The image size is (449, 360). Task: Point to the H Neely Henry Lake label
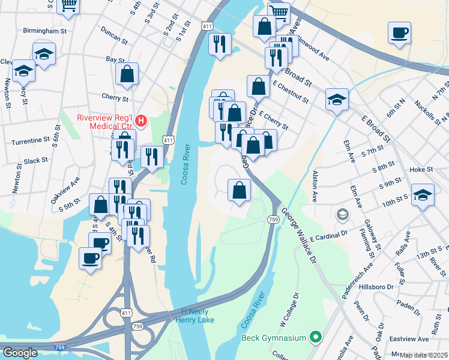coord(193,316)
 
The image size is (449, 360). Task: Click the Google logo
coord(20,353)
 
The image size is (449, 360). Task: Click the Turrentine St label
coord(29,140)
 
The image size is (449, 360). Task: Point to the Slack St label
coord(35,161)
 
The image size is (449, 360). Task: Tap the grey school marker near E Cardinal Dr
coord(342,214)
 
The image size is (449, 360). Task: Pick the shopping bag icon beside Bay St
coord(127,75)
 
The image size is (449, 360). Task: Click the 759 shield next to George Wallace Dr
coord(272,220)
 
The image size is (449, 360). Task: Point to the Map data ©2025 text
coord(424,355)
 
